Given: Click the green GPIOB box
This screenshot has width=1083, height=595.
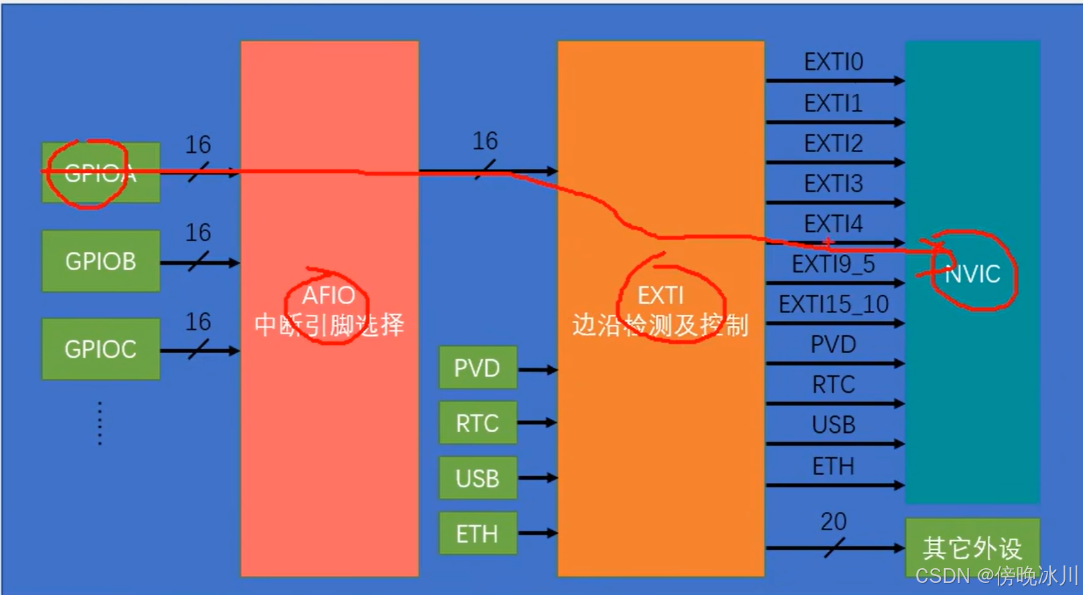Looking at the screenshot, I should [x=101, y=261].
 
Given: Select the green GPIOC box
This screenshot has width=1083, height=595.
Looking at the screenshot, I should [x=101, y=349].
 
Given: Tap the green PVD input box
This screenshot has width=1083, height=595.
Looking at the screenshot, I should [x=477, y=368].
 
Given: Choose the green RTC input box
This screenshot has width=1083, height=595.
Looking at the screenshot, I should [x=477, y=423].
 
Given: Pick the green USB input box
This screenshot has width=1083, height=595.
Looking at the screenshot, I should [x=477, y=478].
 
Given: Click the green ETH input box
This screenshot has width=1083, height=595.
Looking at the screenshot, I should [x=477, y=534].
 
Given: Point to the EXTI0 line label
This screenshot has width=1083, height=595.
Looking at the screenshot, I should [x=834, y=62].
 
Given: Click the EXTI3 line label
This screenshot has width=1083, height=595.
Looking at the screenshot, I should [x=834, y=184].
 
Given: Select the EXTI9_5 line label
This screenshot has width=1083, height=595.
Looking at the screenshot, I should [x=834, y=265].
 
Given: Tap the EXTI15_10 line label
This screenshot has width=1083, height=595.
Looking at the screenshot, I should [x=834, y=305].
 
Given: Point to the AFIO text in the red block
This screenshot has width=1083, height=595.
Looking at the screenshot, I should [x=329, y=295].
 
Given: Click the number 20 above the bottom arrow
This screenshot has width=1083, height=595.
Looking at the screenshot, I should [x=834, y=521].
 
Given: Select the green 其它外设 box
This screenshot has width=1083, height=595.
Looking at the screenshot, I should [x=972, y=547].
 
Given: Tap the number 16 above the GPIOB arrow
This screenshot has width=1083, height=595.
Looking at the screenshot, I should [x=198, y=233].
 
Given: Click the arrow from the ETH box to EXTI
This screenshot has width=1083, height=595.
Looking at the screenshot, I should [x=537, y=533].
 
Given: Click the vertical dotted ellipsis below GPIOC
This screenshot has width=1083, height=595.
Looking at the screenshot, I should [x=100, y=423].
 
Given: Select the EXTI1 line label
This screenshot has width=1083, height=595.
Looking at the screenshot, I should [x=834, y=103].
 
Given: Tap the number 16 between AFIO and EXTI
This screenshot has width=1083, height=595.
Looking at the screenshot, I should [x=485, y=141].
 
